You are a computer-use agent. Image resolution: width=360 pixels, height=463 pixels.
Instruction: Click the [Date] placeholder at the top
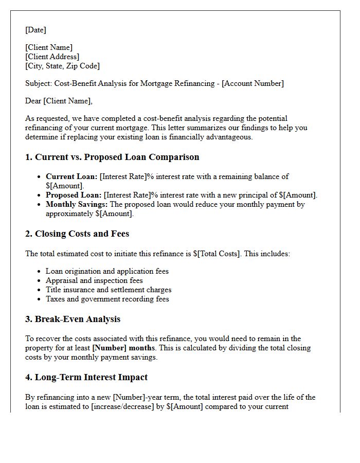click(x=35, y=30)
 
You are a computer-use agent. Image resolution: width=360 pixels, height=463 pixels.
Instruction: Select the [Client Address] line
click(x=52, y=57)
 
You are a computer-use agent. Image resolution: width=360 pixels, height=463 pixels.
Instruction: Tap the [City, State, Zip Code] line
click(x=62, y=66)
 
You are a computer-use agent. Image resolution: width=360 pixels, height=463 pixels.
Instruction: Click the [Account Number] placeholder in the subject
click(x=253, y=83)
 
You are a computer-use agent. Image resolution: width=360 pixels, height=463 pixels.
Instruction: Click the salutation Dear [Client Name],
click(x=59, y=101)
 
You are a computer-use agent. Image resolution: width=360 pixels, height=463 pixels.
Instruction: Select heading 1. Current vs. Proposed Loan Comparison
click(x=112, y=157)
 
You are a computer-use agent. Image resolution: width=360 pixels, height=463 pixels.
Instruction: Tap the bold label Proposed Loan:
click(x=74, y=195)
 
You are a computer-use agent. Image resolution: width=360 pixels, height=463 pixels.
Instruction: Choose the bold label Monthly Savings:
click(x=77, y=204)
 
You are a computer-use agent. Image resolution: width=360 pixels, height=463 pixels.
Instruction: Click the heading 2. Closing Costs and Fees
click(x=77, y=234)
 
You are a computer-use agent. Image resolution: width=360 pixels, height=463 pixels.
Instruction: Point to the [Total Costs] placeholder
click(x=219, y=254)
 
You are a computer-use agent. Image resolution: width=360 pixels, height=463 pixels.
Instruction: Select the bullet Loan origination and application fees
click(x=107, y=271)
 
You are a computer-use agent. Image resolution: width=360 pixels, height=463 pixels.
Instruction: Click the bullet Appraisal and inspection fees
click(x=94, y=280)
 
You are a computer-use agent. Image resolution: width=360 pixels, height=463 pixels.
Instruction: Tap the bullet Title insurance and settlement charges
click(x=109, y=290)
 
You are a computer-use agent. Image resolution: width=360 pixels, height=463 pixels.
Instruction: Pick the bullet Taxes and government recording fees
click(x=107, y=299)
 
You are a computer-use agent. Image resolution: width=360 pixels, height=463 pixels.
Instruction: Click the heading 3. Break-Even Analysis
click(x=73, y=319)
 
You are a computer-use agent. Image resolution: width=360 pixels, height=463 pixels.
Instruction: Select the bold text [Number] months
click(x=124, y=348)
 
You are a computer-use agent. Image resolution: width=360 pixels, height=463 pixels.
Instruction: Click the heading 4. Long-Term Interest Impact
click(x=86, y=378)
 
